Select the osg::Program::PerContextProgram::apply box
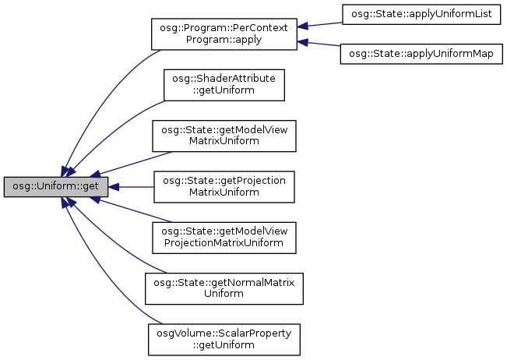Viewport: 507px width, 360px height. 223,35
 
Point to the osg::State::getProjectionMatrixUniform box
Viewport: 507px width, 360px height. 224,187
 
